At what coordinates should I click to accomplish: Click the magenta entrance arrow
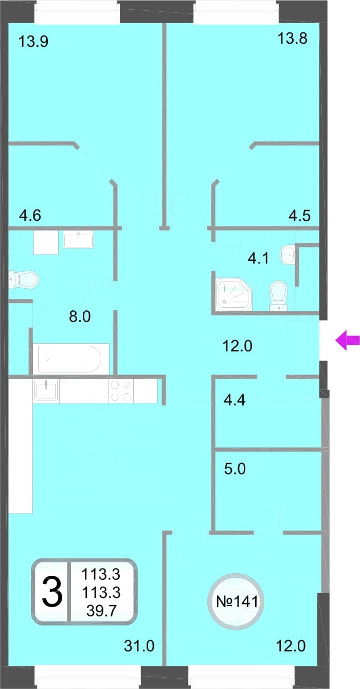pyautogui.click(x=347, y=340)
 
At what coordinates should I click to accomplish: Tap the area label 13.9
pyautogui.click(x=33, y=41)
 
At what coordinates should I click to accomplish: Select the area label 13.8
pyautogui.click(x=292, y=39)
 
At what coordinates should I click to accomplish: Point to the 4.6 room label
pyautogui.click(x=30, y=215)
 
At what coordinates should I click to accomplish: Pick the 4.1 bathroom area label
pyautogui.click(x=258, y=258)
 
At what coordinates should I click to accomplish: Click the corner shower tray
pyautogui.click(x=234, y=294)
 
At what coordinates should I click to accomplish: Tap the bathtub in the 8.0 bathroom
pyautogui.click(x=69, y=359)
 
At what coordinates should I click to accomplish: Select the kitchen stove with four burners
pyautogui.click(x=121, y=391)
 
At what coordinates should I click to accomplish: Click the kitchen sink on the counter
pyautogui.click(x=46, y=390)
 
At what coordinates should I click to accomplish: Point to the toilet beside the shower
pyautogui.click(x=278, y=295)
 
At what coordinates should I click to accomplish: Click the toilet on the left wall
pyautogui.click(x=23, y=279)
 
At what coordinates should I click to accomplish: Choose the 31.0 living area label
pyautogui.click(x=139, y=646)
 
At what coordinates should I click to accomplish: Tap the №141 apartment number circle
pyautogui.click(x=237, y=602)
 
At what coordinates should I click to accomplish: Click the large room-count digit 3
pyautogui.click(x=52, y=592)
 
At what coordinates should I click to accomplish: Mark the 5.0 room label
pyautogui.click(x=235, y=469)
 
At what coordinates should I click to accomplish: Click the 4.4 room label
pyautogui.click(x=235, y=400)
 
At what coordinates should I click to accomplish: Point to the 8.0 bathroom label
pyautogui.click(x=80, y=316)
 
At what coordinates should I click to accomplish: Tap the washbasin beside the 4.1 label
pyautogui.click(x=287, y=254)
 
